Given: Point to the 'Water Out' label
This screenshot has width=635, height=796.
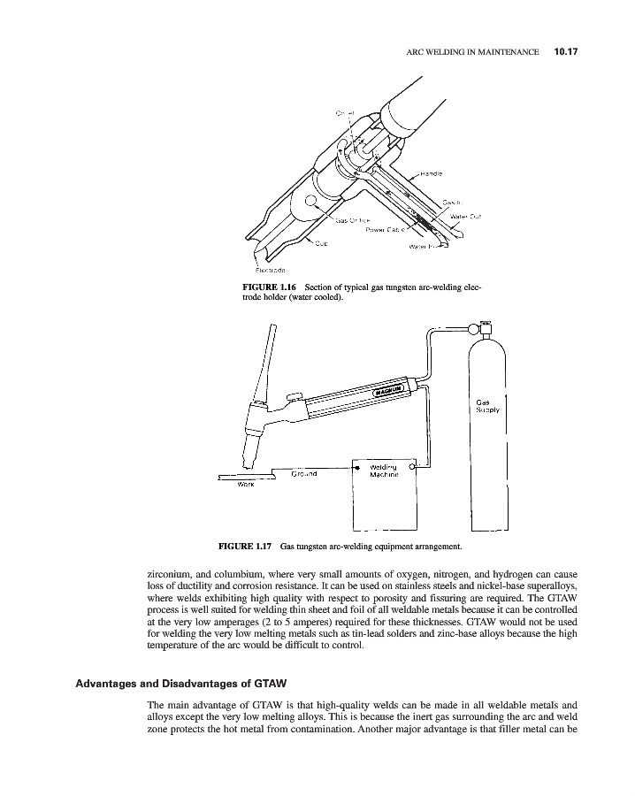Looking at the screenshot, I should pos(465,216).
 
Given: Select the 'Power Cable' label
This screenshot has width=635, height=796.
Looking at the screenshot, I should pos(386,229).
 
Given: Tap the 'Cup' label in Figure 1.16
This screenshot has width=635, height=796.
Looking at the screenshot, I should pos(317,244).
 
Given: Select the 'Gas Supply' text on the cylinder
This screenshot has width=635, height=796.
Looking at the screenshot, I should pos(488,406).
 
